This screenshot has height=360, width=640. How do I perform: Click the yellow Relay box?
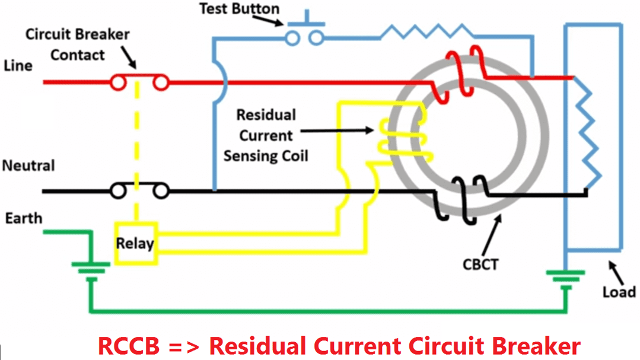[135, 243]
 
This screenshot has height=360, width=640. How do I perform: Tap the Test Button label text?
[239, 9]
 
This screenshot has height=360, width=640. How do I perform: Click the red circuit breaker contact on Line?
[139, 82]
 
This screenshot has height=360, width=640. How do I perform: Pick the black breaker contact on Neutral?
[139, 191]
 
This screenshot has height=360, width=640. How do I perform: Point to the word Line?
[18, 65]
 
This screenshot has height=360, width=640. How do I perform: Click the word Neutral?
[28, 165]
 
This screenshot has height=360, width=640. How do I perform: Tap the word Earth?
[24, 218]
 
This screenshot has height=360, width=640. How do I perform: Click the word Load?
[619, 292]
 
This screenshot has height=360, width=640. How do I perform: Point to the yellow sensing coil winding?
[403, 139]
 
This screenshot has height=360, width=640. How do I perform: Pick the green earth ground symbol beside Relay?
[91, 270]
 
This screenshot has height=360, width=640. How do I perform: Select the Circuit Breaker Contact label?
[77, 44]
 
